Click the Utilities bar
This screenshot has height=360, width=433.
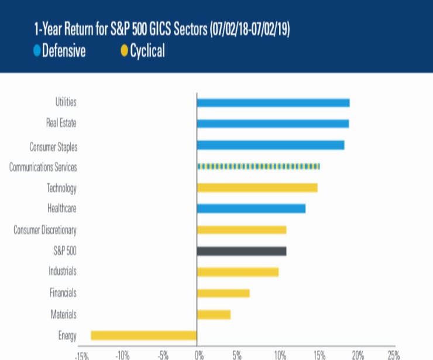click(x=273, y=103)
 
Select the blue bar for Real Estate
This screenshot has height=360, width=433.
click(x=273, y=124)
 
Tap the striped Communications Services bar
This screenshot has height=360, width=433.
click(x=258, y=166)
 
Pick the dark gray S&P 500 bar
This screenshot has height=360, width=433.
click(x=242, y=251)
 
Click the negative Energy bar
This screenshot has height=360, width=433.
click(x=144, y=335)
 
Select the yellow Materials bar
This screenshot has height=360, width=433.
click(x=214, y=314)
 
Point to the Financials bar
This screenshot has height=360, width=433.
click(x=223, y=293)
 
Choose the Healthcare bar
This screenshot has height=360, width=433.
click(x=251, y=208)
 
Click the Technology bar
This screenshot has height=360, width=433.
click(x=257, y=187)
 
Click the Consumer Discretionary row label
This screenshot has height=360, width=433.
click(x=45, y=230)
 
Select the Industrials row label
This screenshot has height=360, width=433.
click(x=62, y=272)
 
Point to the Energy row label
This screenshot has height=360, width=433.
click(x=67, y=336)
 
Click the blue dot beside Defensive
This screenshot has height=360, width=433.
click(x=37, y=51)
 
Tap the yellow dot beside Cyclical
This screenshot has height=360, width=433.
click(x=124, y=51)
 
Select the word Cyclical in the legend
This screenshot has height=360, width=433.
click(x=147, y=51)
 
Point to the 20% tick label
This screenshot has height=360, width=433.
click(x=358, y=355)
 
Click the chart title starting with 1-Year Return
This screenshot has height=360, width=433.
click(x=161, y=29)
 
